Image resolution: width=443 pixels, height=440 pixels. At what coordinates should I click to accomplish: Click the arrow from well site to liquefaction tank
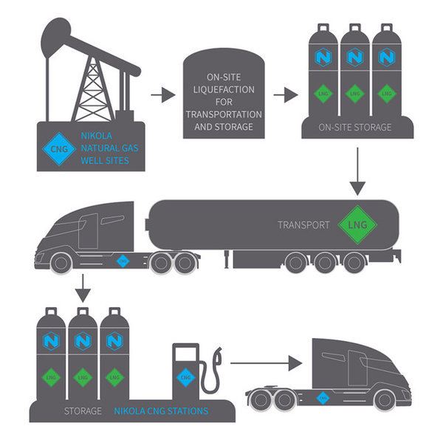coord(163,94)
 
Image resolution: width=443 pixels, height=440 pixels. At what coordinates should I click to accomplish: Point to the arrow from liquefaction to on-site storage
coord(286,94)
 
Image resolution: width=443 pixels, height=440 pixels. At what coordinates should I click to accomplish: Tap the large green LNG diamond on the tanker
coord(357,224)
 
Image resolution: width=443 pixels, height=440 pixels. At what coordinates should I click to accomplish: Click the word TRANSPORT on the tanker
coord(303,224)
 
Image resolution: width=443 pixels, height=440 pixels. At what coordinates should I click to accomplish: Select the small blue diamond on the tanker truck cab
coord(124,260)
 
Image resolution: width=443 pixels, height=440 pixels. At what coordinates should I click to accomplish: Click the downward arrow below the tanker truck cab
coord(83,288)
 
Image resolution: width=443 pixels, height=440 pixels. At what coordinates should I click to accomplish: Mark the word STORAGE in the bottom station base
coord(83,410)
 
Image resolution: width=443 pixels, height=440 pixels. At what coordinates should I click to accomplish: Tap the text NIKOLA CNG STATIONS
coord(161,410)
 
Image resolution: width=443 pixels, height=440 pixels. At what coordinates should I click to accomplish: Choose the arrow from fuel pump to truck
coord(266,362)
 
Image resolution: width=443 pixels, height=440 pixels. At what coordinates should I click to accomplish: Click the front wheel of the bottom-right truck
coord(384,400)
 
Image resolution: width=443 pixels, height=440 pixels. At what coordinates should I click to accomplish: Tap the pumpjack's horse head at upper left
coord(58,33)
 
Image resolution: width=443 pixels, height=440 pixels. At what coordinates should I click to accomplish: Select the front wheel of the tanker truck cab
coord(61,262)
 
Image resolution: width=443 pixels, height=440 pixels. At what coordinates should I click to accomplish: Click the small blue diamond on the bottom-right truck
coord(322,397)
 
